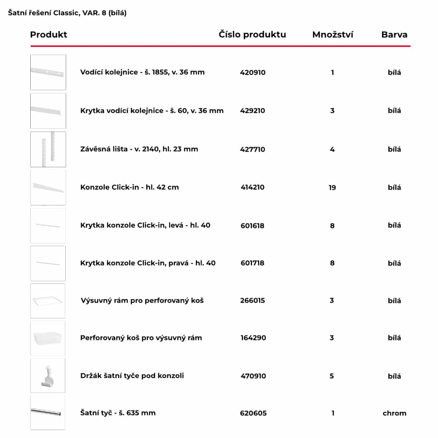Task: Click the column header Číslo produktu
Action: (252, 35)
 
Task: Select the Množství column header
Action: (332, 35)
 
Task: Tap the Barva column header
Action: (394, 35)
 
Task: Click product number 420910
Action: (253, 72)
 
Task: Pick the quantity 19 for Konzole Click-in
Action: (332, 187)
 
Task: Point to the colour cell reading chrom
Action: (394, 413)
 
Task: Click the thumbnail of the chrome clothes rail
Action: (48, 413)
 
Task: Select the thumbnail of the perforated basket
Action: (48, 338)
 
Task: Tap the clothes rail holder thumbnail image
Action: (48, 375)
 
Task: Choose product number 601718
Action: (252, 263)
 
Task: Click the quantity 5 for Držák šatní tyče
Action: (332, 376)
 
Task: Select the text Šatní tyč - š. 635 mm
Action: (118, 413)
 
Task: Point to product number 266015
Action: (253, 300)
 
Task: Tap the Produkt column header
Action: (49, 35)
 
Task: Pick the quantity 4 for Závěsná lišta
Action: (332, 149)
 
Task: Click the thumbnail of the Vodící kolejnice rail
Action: (48, 72)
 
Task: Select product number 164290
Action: (253, 338)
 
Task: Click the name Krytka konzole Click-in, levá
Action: (145, 226)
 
